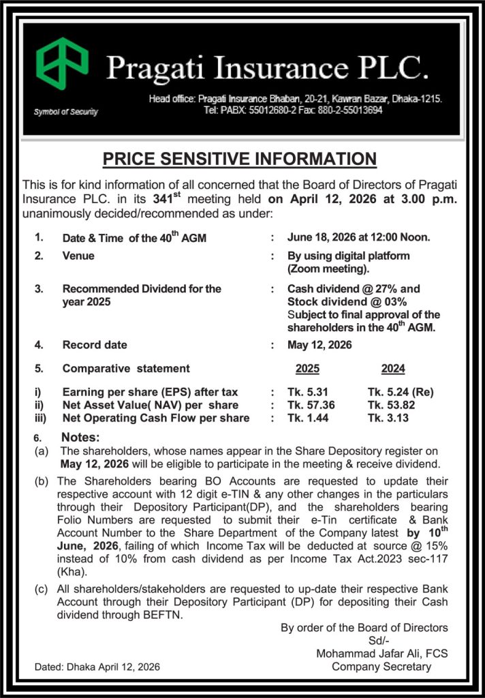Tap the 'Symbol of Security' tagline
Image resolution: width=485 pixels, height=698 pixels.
[65, 112]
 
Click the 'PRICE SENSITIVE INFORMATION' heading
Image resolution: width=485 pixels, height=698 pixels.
[239, 159]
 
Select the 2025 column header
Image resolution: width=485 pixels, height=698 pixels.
[307, 369]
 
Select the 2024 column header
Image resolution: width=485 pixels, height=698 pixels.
[393, 369]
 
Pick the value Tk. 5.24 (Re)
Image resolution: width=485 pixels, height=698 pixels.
[401, 392]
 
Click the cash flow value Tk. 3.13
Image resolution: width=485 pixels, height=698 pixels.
[388, 418]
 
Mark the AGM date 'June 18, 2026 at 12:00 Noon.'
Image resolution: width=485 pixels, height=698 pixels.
[358, 238]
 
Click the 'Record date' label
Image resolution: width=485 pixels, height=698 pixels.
[95, 345]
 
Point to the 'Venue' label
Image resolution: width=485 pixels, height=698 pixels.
[78, 256]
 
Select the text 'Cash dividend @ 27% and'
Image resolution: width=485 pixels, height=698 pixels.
[354, 289]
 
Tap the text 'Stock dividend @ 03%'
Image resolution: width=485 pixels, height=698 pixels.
[347, 301]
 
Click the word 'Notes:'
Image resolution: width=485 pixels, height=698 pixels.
[80, 437]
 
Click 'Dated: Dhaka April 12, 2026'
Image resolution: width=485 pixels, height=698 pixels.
[97, 667]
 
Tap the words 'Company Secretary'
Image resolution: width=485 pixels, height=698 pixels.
[381, 667]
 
